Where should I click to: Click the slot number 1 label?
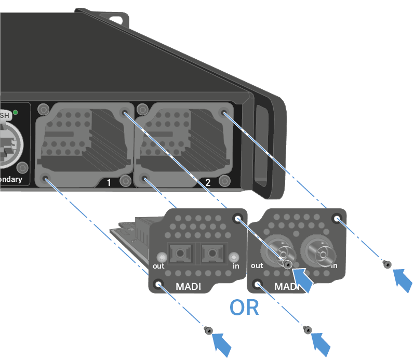[109, 183]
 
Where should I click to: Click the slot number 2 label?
[208, 183]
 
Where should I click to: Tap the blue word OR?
[244, 308]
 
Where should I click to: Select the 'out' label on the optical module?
[158, 266]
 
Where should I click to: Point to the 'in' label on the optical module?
[236, 266]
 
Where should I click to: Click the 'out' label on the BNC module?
[257, 265]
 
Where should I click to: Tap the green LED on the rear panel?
[16, 112]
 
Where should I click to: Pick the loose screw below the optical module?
[208, 330]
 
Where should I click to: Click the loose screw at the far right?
[386, 264]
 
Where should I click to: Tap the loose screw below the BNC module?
[307, 330]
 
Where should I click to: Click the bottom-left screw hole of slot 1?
[47, 180]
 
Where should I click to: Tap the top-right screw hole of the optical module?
[238, 219]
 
